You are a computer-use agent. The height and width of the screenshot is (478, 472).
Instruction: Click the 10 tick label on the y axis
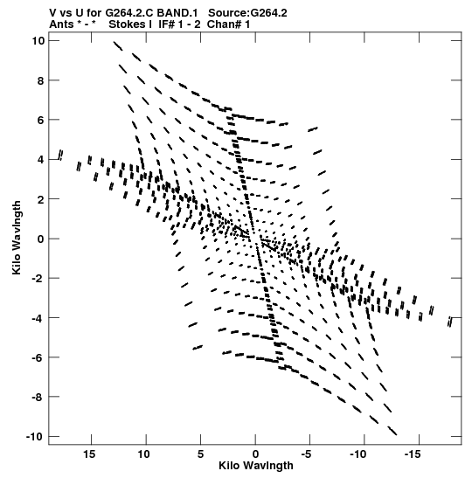coord(38,40)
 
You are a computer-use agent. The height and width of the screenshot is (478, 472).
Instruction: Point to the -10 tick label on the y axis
coord(35,437)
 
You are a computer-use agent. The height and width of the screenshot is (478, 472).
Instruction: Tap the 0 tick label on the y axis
coord(41,239)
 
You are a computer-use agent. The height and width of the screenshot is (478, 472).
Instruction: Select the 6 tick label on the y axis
coord(41,120)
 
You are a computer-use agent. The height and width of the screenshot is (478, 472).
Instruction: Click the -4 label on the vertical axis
coord(38,318)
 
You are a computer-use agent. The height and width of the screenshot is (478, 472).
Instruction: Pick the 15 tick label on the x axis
coord(89,454)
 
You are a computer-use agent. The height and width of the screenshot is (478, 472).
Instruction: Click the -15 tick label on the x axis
coord(413,454)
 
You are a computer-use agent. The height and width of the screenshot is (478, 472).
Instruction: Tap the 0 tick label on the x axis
coord(255,454)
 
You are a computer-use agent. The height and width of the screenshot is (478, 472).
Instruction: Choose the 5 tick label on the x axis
coord(200,454)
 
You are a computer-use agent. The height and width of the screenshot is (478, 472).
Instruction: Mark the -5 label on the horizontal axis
coord(306,454)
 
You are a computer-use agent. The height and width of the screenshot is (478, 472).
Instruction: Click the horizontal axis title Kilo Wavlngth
coord(256,466)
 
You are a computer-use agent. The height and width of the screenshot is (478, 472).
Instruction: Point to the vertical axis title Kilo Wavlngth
coord(17,238)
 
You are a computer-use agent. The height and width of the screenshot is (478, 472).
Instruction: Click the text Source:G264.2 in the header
coord(247,13)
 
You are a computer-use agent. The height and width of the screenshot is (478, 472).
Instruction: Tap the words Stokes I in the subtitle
coord(130,24)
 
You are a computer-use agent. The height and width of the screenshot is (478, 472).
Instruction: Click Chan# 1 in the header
coord(228,24)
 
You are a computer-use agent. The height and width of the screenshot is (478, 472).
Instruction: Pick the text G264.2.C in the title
coord(129,13)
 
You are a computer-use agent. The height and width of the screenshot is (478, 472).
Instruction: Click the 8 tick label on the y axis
coord(41,80)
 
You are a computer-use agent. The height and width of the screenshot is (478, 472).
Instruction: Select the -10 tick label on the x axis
coord(357,454)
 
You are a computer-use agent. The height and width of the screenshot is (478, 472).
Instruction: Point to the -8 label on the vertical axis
coord(38,397)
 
